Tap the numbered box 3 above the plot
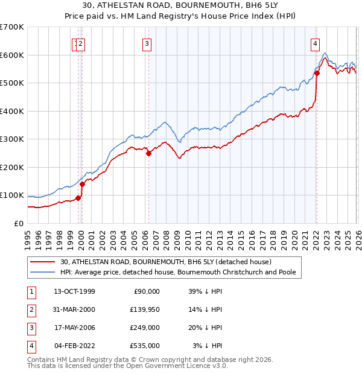click(147, 43)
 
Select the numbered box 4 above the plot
click(316, 43)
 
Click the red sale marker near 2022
click(317, 74)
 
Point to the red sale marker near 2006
click(149, 153)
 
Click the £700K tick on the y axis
click(12, 27)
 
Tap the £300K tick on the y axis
click(12, 139)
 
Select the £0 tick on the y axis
click(19, 223)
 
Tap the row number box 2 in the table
click(30, 309)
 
